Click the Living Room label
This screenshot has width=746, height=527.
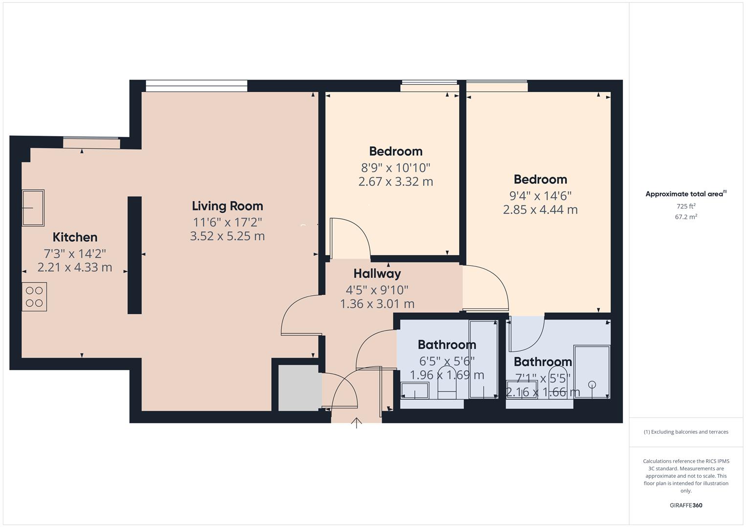tap(227, 206)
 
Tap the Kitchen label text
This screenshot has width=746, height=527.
tap(75, 237)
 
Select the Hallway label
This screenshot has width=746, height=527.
tap(377, 273)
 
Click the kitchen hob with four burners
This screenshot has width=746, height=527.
tap(34, 297)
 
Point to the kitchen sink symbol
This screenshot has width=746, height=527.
tap(33, 208)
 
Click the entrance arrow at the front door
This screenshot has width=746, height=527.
tap(357, 423)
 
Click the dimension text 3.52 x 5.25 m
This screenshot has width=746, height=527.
tap(227, 236)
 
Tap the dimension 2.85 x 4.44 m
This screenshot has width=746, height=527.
tap(540, 210)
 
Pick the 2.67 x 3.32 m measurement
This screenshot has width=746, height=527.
tap(395, 182)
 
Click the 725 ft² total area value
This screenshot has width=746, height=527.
tap(686, 206)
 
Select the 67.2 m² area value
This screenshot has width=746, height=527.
tap(686, 217)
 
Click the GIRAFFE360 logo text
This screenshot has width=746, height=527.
tap(686, 505)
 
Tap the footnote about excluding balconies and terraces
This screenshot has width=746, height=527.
tap(686, 432)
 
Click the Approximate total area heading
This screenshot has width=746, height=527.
tap(685, 194)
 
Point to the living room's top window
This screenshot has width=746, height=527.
tap(196, 86)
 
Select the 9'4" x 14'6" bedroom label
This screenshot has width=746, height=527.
tap(540, 196)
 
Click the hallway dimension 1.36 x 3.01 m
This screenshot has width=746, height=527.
tap(377, 304)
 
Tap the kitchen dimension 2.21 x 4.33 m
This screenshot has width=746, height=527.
tap(75, 267)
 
